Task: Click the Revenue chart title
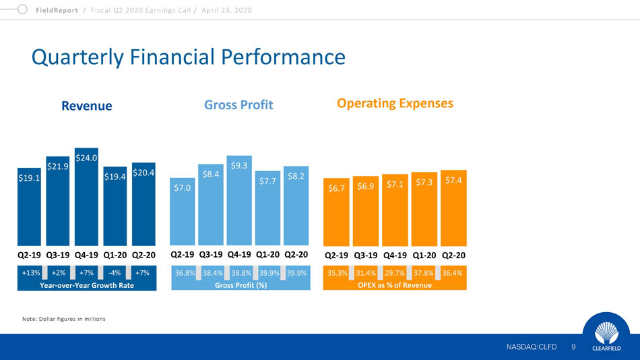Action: coord(87,106)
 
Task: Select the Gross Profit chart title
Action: coord(238,106)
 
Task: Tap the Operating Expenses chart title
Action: coord(395,103)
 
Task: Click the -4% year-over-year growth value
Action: coord(115,274)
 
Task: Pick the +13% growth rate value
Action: coord(30,274)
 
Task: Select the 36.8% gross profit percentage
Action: coord(185,274)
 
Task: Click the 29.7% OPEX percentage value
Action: coord(395,274)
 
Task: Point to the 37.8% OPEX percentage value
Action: coord(423,274)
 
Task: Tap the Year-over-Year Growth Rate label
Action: coord(87,285)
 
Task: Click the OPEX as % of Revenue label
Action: coord(395,285)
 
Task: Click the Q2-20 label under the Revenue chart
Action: coord(143,256)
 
